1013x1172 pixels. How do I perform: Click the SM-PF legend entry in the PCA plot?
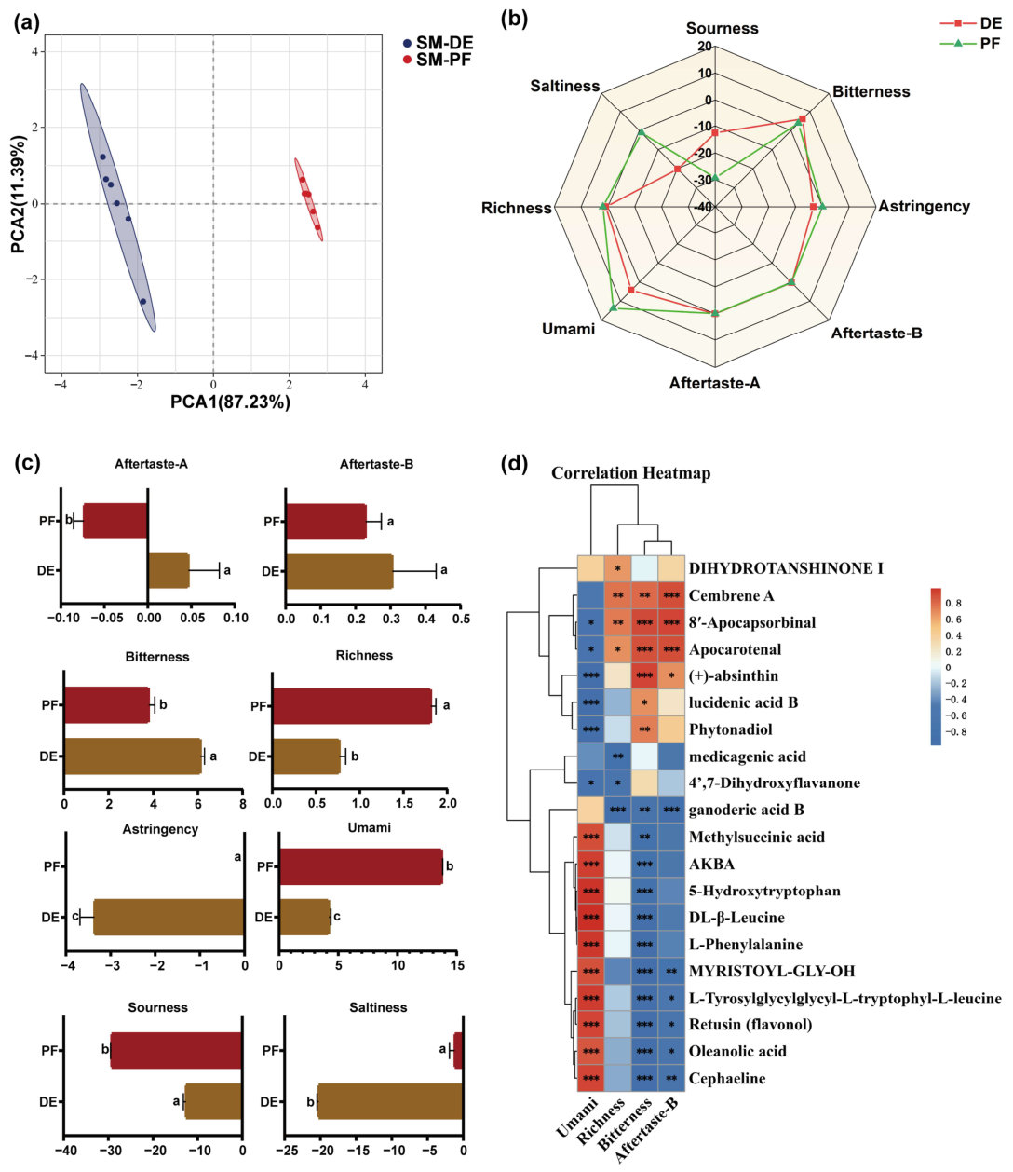click(437, 60)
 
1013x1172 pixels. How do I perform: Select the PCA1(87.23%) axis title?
click(230, 402)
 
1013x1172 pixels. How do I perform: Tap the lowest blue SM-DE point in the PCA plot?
click(142, 302)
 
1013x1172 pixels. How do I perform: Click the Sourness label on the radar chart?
click(722, 28)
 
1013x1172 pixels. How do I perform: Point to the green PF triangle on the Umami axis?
click(613, 307)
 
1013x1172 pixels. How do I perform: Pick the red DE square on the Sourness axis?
click(715, 132)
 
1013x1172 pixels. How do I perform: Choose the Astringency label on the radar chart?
click(924, 207)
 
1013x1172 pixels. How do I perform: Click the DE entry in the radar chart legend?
click(971, 23)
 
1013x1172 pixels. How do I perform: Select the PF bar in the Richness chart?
click(352, 705)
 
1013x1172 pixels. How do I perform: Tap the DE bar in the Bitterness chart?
click(133, 756)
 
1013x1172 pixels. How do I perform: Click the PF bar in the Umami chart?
click(361, 866)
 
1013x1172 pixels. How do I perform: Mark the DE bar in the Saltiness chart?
click(390, 1102)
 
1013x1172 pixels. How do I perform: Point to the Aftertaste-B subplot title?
click(376, 464)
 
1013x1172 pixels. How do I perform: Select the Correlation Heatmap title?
click(630, 473)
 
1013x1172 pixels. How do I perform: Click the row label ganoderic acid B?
click(746, 811)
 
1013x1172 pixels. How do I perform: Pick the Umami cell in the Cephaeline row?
click(590, 1077)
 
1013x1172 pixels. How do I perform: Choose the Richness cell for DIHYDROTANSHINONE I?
click(617, 568)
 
